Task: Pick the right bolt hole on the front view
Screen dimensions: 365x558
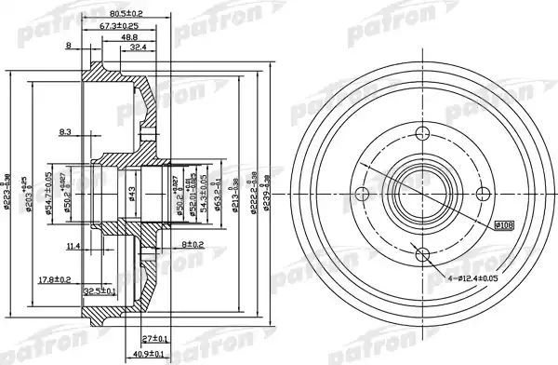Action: click(x=483, y=194)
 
